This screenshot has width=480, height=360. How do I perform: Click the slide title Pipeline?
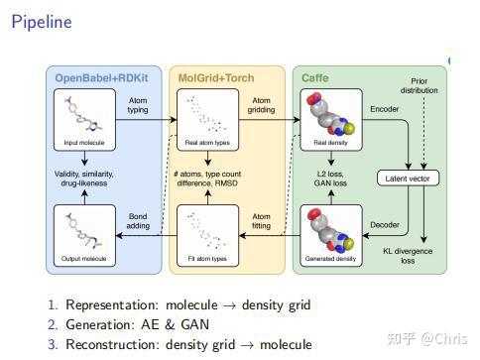42,22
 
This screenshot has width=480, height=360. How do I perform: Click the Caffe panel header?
314,77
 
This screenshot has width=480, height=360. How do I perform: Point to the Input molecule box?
84,118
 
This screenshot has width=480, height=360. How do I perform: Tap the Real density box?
328,118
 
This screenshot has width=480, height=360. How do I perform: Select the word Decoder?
384,225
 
